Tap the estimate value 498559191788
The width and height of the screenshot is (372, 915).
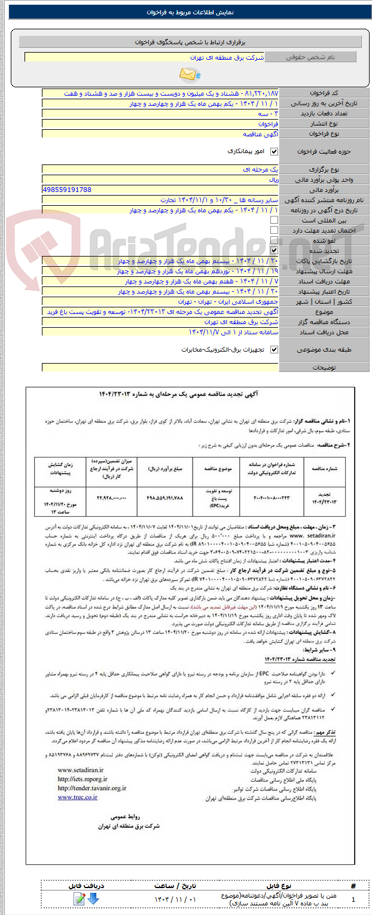67,189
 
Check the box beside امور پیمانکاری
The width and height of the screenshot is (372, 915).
275,152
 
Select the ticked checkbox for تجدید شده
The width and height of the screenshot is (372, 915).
275,251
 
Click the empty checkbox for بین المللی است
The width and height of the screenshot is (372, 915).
275,220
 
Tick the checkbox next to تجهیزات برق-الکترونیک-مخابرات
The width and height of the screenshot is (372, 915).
275,350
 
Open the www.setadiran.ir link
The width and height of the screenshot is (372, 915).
81,770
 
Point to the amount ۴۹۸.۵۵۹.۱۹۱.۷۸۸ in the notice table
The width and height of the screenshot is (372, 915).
165,497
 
